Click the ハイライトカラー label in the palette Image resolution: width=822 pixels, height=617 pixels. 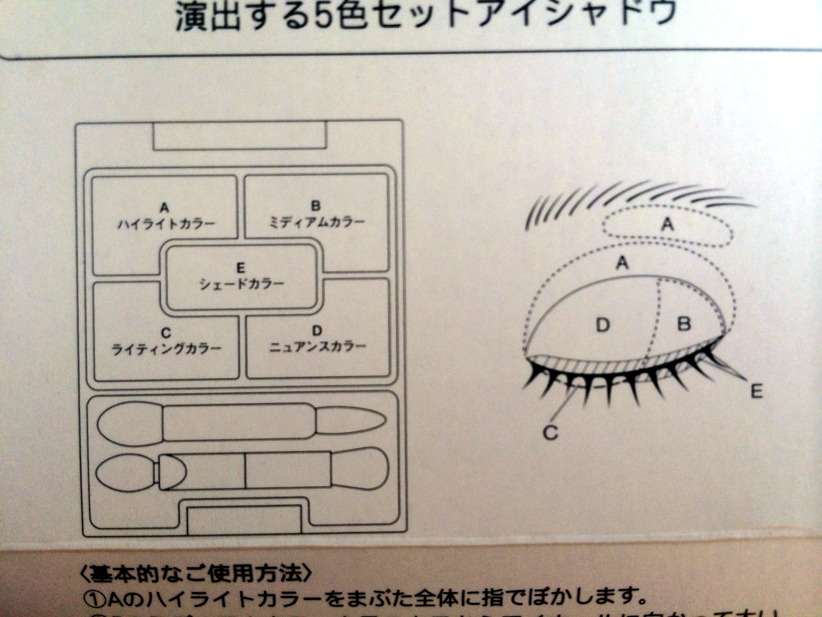[x=166, y=225]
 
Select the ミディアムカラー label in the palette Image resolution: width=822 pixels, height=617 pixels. [x=316, y=223]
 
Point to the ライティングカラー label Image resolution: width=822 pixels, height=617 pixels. [x=166, y=350]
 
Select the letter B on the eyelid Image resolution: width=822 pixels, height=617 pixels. [x=684, y=324]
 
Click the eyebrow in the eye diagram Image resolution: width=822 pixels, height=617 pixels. [x=632, y=197]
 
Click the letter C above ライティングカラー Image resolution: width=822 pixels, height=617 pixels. [x=166, y=333]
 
